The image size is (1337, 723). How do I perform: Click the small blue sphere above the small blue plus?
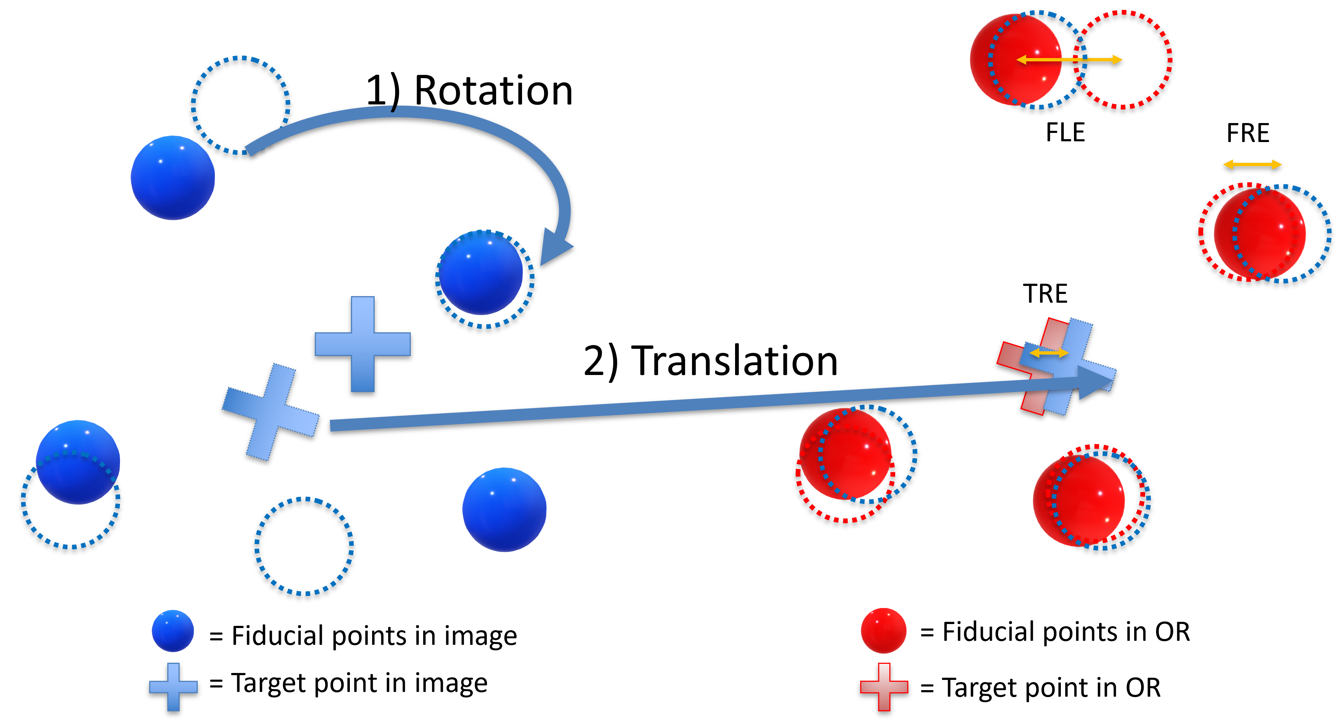pos(173,631)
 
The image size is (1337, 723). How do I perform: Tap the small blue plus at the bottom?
pos(173,686)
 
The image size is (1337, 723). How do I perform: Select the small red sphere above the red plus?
pos(884,631)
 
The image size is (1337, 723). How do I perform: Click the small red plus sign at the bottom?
pos(884,686)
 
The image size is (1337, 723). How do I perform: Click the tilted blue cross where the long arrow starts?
pos(270,412)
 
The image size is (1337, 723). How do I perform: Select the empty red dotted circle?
pos(1122,60)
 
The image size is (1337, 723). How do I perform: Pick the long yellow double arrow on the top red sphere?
pos(1069,60)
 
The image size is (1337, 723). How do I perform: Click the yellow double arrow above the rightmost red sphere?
pos(1252,165)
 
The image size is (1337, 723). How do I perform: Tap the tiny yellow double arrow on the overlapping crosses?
pos(1048,353)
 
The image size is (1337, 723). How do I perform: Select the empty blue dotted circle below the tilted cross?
pos(304,546)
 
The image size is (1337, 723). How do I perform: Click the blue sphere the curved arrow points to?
pos(480,273)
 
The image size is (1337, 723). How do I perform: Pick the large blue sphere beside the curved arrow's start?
pos(173,177)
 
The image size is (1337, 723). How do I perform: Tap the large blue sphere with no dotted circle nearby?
pos(504,509)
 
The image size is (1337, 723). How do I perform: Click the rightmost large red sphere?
pos(1260,234)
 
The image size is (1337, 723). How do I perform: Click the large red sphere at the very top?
pos(1015,60)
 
